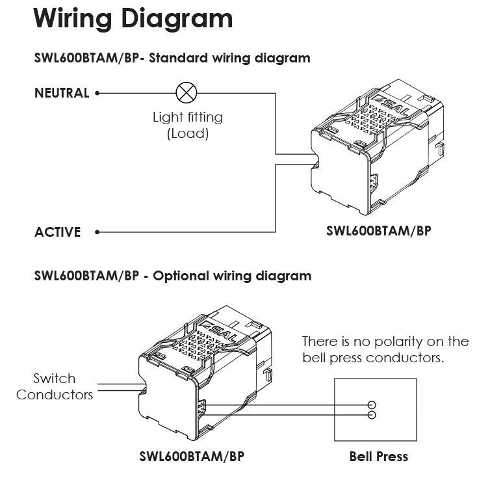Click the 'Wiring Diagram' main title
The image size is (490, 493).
point(133,19)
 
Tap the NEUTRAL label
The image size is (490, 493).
point(61,93)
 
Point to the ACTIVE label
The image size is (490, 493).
point(58,232)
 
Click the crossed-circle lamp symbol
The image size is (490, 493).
point(187,93)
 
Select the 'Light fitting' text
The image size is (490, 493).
point(187,118)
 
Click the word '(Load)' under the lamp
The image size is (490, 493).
point(187,134)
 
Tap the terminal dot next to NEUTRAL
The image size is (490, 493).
point(97,93)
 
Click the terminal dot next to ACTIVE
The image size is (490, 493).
point(97,232)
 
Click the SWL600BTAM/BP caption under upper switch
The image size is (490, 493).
point(378,231)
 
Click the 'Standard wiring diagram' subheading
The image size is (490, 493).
point(229,58)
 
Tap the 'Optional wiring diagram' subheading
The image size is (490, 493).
point(232,276)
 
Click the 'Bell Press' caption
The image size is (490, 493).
point(378,456)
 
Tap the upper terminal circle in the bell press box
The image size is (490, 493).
point(372,404)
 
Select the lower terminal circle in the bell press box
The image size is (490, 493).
point(372,414)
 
